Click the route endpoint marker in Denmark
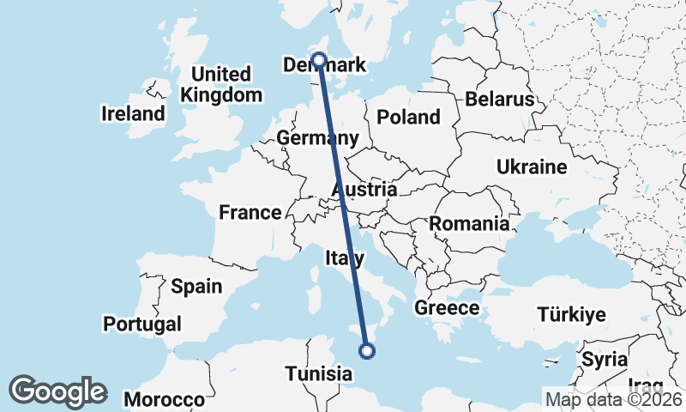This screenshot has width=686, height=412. pyautogui.click(x=319, y=60)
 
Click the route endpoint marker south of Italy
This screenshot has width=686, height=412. pyautogui.click(x=367, y=350)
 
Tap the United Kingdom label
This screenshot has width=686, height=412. pyautogui.click(x=222, y=84)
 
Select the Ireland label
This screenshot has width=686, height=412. pyautogui.click(x=133, y=113)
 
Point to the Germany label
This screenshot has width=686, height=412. pyautogui.click(x=317, y=138)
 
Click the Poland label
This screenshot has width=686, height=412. pyautogui.click(x=408, y=118)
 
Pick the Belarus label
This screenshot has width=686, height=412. pyautogui.click(x=500, y=100)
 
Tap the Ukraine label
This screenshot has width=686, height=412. pyautogui.click(x=532, y=167)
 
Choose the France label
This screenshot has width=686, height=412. pyautogui.click(x=250, y=212)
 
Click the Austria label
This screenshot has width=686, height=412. pyautogui.click(x=364, y=190)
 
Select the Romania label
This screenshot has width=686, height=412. pyautogui.click(x=469, y=224)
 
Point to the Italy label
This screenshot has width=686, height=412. pyautogui.click(x=345, y=257)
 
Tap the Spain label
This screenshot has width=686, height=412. pyautogui.click(x=196, y=287)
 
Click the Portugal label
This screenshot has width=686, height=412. pyautogui.click(x=142, y=324)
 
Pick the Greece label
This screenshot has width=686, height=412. pyautogui.click(x=447, y=307)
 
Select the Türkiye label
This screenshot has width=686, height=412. pyautogui.click(x=571, y=314)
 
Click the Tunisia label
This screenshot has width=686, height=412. pyautogui.click(x=318, y=374)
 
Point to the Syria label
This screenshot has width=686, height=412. pyautogui.click(x=605, y=359)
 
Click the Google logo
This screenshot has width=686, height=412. pyautogui.click(x=57, y=391)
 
